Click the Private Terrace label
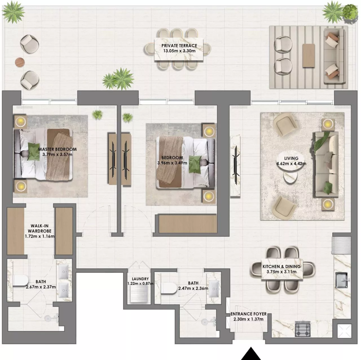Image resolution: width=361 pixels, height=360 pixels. click(179, 46)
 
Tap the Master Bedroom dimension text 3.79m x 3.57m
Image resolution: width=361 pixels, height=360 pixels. click(57, 155)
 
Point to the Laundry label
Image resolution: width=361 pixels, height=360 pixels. click(140, 279)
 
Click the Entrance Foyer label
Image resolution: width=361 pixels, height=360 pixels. click(248, 314)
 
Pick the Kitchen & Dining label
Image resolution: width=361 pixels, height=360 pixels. click(281, 266)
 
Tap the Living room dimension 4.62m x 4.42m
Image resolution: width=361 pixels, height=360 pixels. click(291, 164)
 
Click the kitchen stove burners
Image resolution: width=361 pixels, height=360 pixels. click(303, 329)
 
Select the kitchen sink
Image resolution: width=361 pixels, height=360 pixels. click(342, 280)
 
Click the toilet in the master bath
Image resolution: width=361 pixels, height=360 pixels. click(21, 280)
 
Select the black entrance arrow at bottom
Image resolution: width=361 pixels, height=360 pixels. click(251, 354)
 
